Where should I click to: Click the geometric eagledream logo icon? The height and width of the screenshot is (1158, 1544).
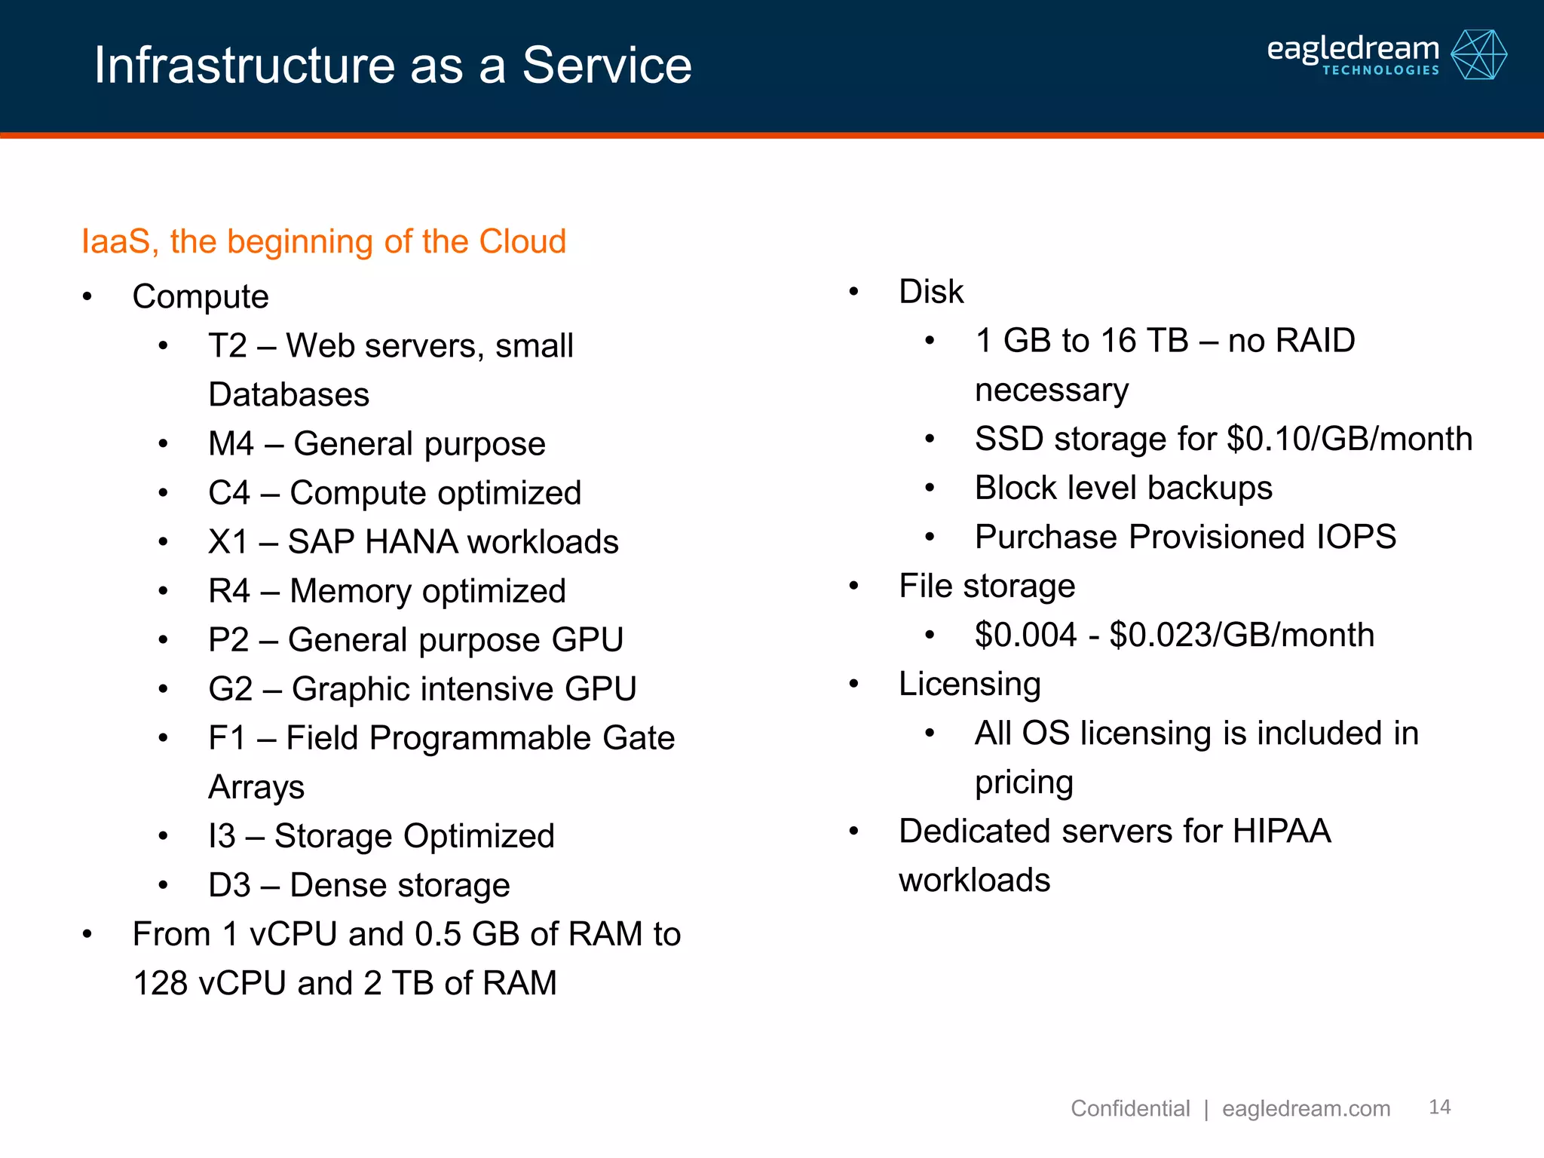(1478, 54)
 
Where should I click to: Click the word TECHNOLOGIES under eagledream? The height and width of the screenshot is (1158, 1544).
(1380, 70)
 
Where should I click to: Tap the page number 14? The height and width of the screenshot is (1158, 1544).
(1439, 1107)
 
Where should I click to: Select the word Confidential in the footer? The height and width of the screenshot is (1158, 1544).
(1129, 1108)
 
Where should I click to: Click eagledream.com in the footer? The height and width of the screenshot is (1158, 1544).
(1306, 1108)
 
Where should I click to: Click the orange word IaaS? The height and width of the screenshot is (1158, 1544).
(115, 242)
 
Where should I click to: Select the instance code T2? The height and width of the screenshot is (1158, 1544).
(228, 346)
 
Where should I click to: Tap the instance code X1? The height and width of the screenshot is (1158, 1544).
(228, 542)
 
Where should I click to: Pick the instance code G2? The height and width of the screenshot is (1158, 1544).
(230, 689)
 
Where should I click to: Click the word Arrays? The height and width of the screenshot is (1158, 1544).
(256, 787)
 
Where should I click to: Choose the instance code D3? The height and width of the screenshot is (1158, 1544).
(229, 885)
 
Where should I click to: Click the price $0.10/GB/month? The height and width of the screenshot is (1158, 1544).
(1349, 439)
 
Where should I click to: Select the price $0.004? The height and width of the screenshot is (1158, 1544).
(1025, 635)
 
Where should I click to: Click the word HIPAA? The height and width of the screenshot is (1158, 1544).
(1281, 831)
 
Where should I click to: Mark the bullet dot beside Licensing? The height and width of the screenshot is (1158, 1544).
(853, 685)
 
